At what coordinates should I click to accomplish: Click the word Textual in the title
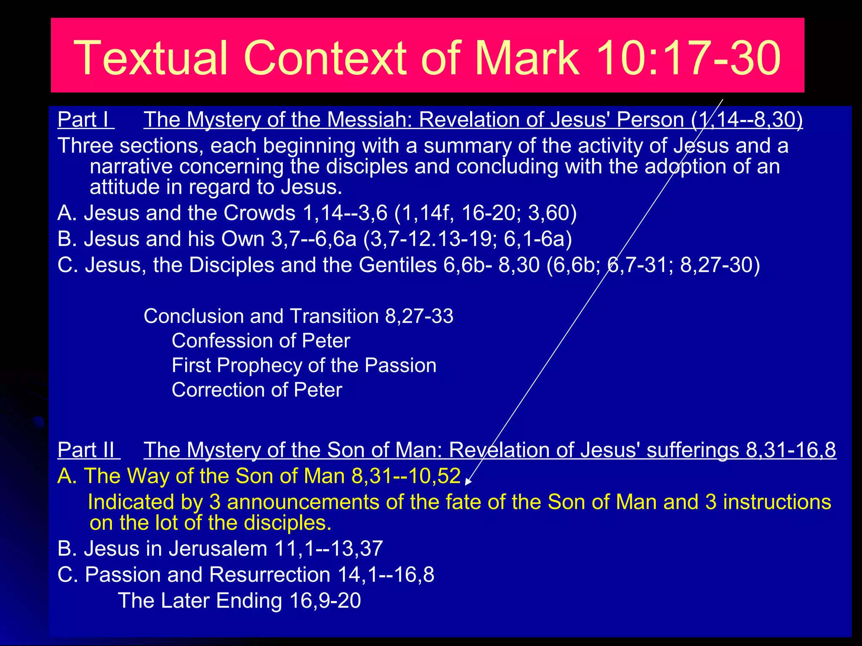point(151,58)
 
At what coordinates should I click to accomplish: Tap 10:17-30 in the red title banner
point(688,58)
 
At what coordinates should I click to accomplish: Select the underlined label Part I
point(85,120)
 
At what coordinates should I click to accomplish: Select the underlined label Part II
point(88,450)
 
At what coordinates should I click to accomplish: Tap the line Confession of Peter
point(261,341)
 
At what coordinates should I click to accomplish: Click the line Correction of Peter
point(257,390)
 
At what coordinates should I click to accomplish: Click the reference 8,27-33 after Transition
point(419,316)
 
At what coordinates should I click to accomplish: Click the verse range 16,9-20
point(325,601)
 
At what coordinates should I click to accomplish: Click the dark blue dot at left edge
point(38,422)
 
